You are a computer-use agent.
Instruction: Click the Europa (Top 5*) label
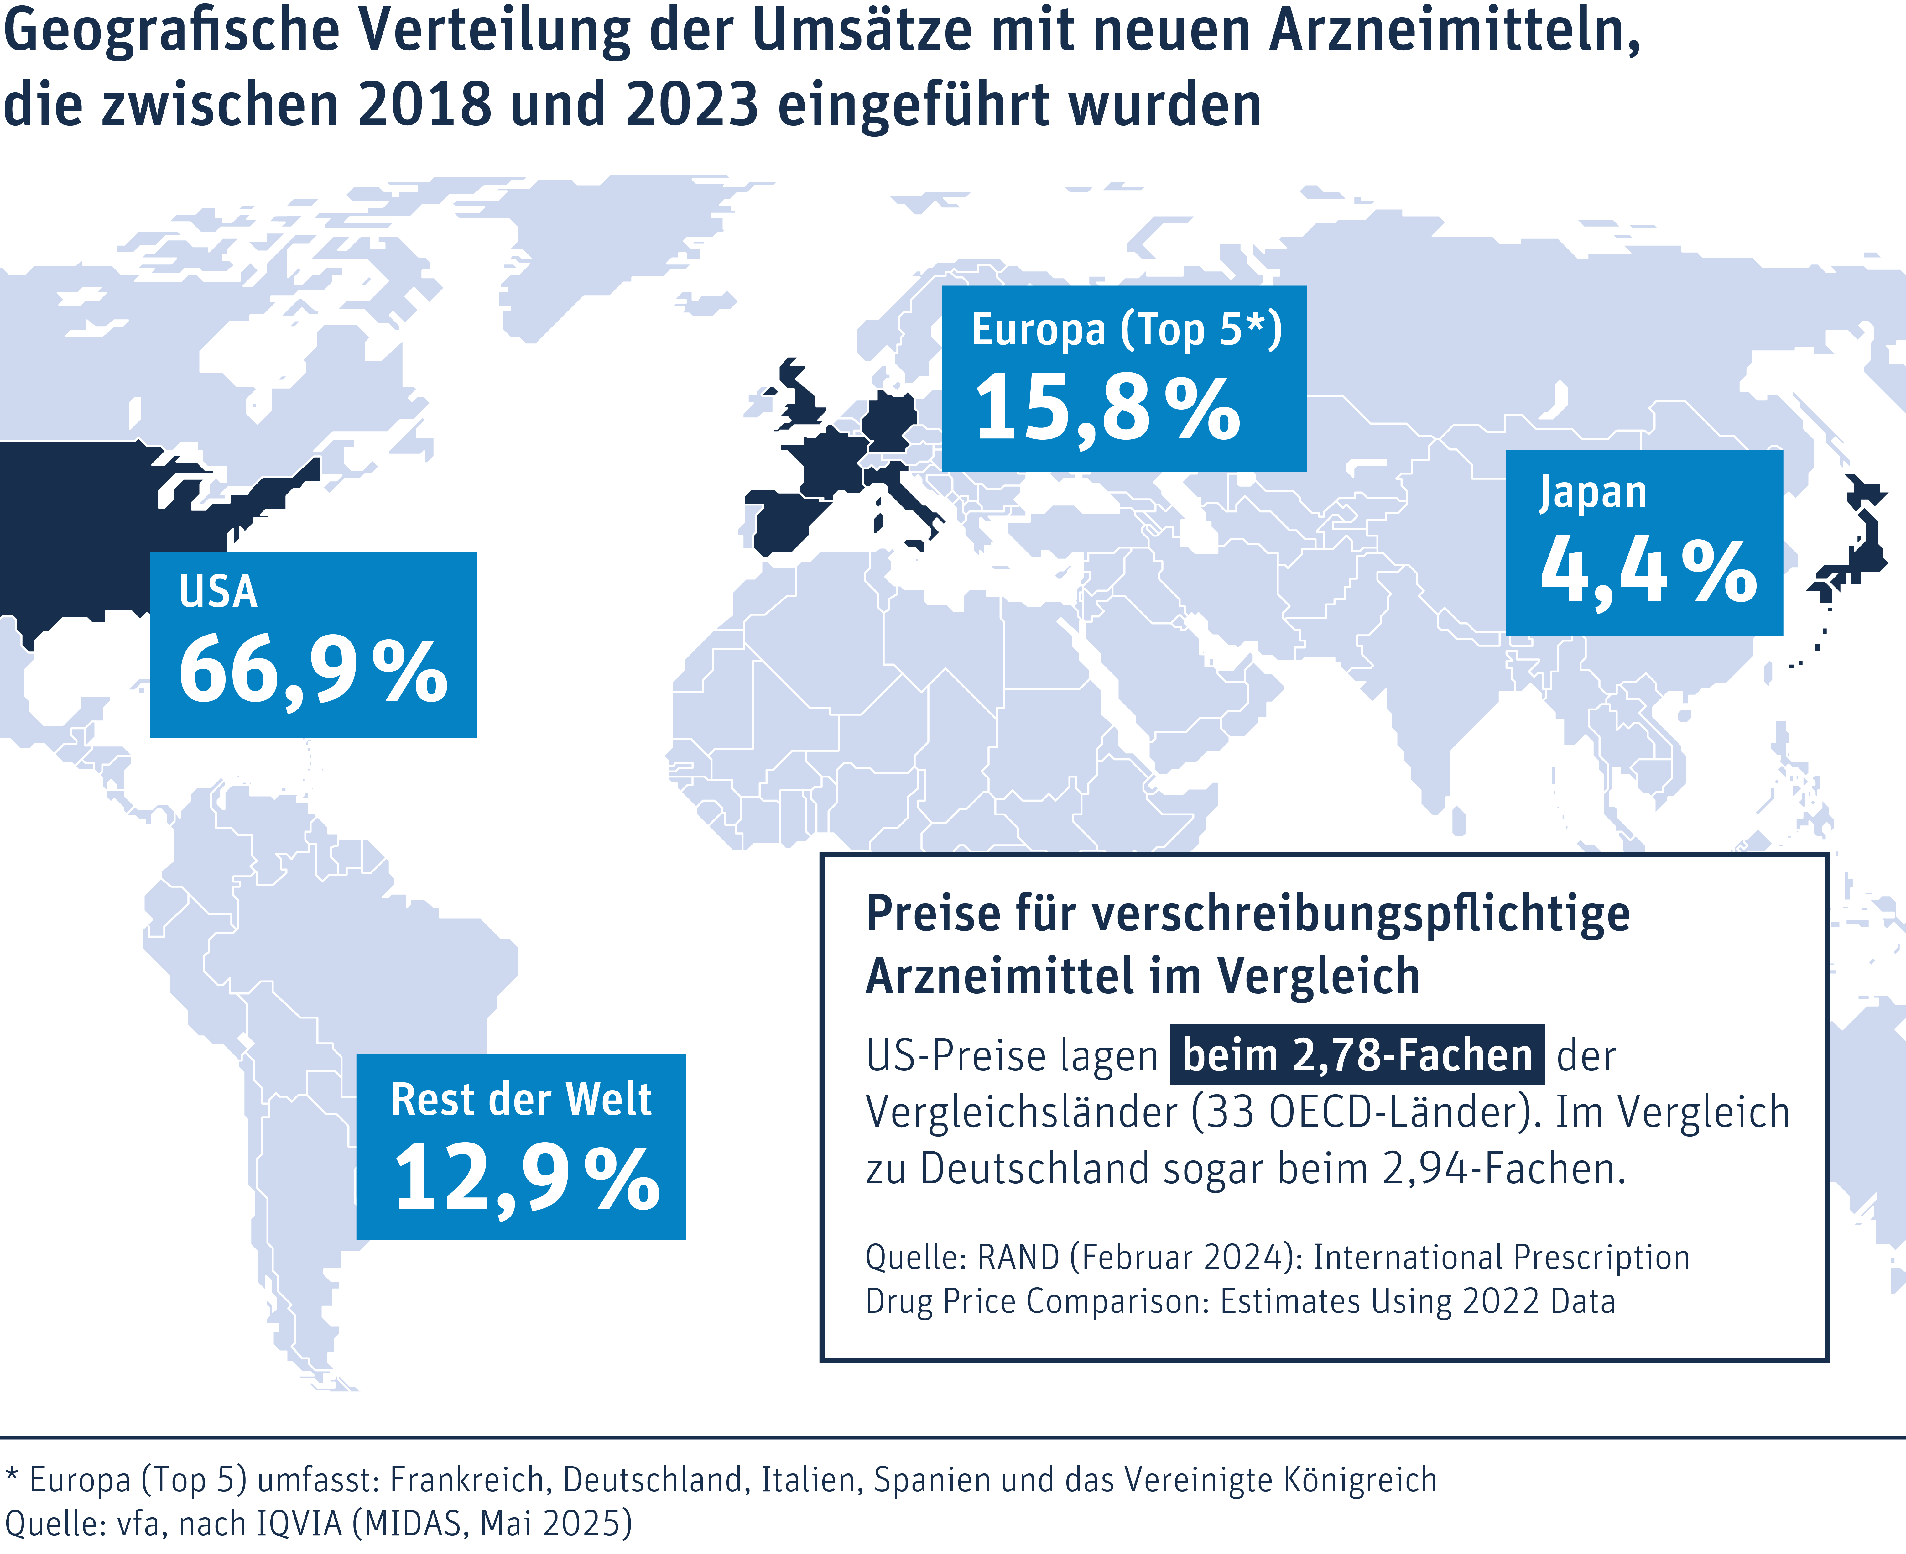(1127, 330)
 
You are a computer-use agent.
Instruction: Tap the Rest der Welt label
(522, 1099)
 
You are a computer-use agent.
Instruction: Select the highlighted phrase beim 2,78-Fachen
(1357, 1054)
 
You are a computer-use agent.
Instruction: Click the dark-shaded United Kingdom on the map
(799, 398)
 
